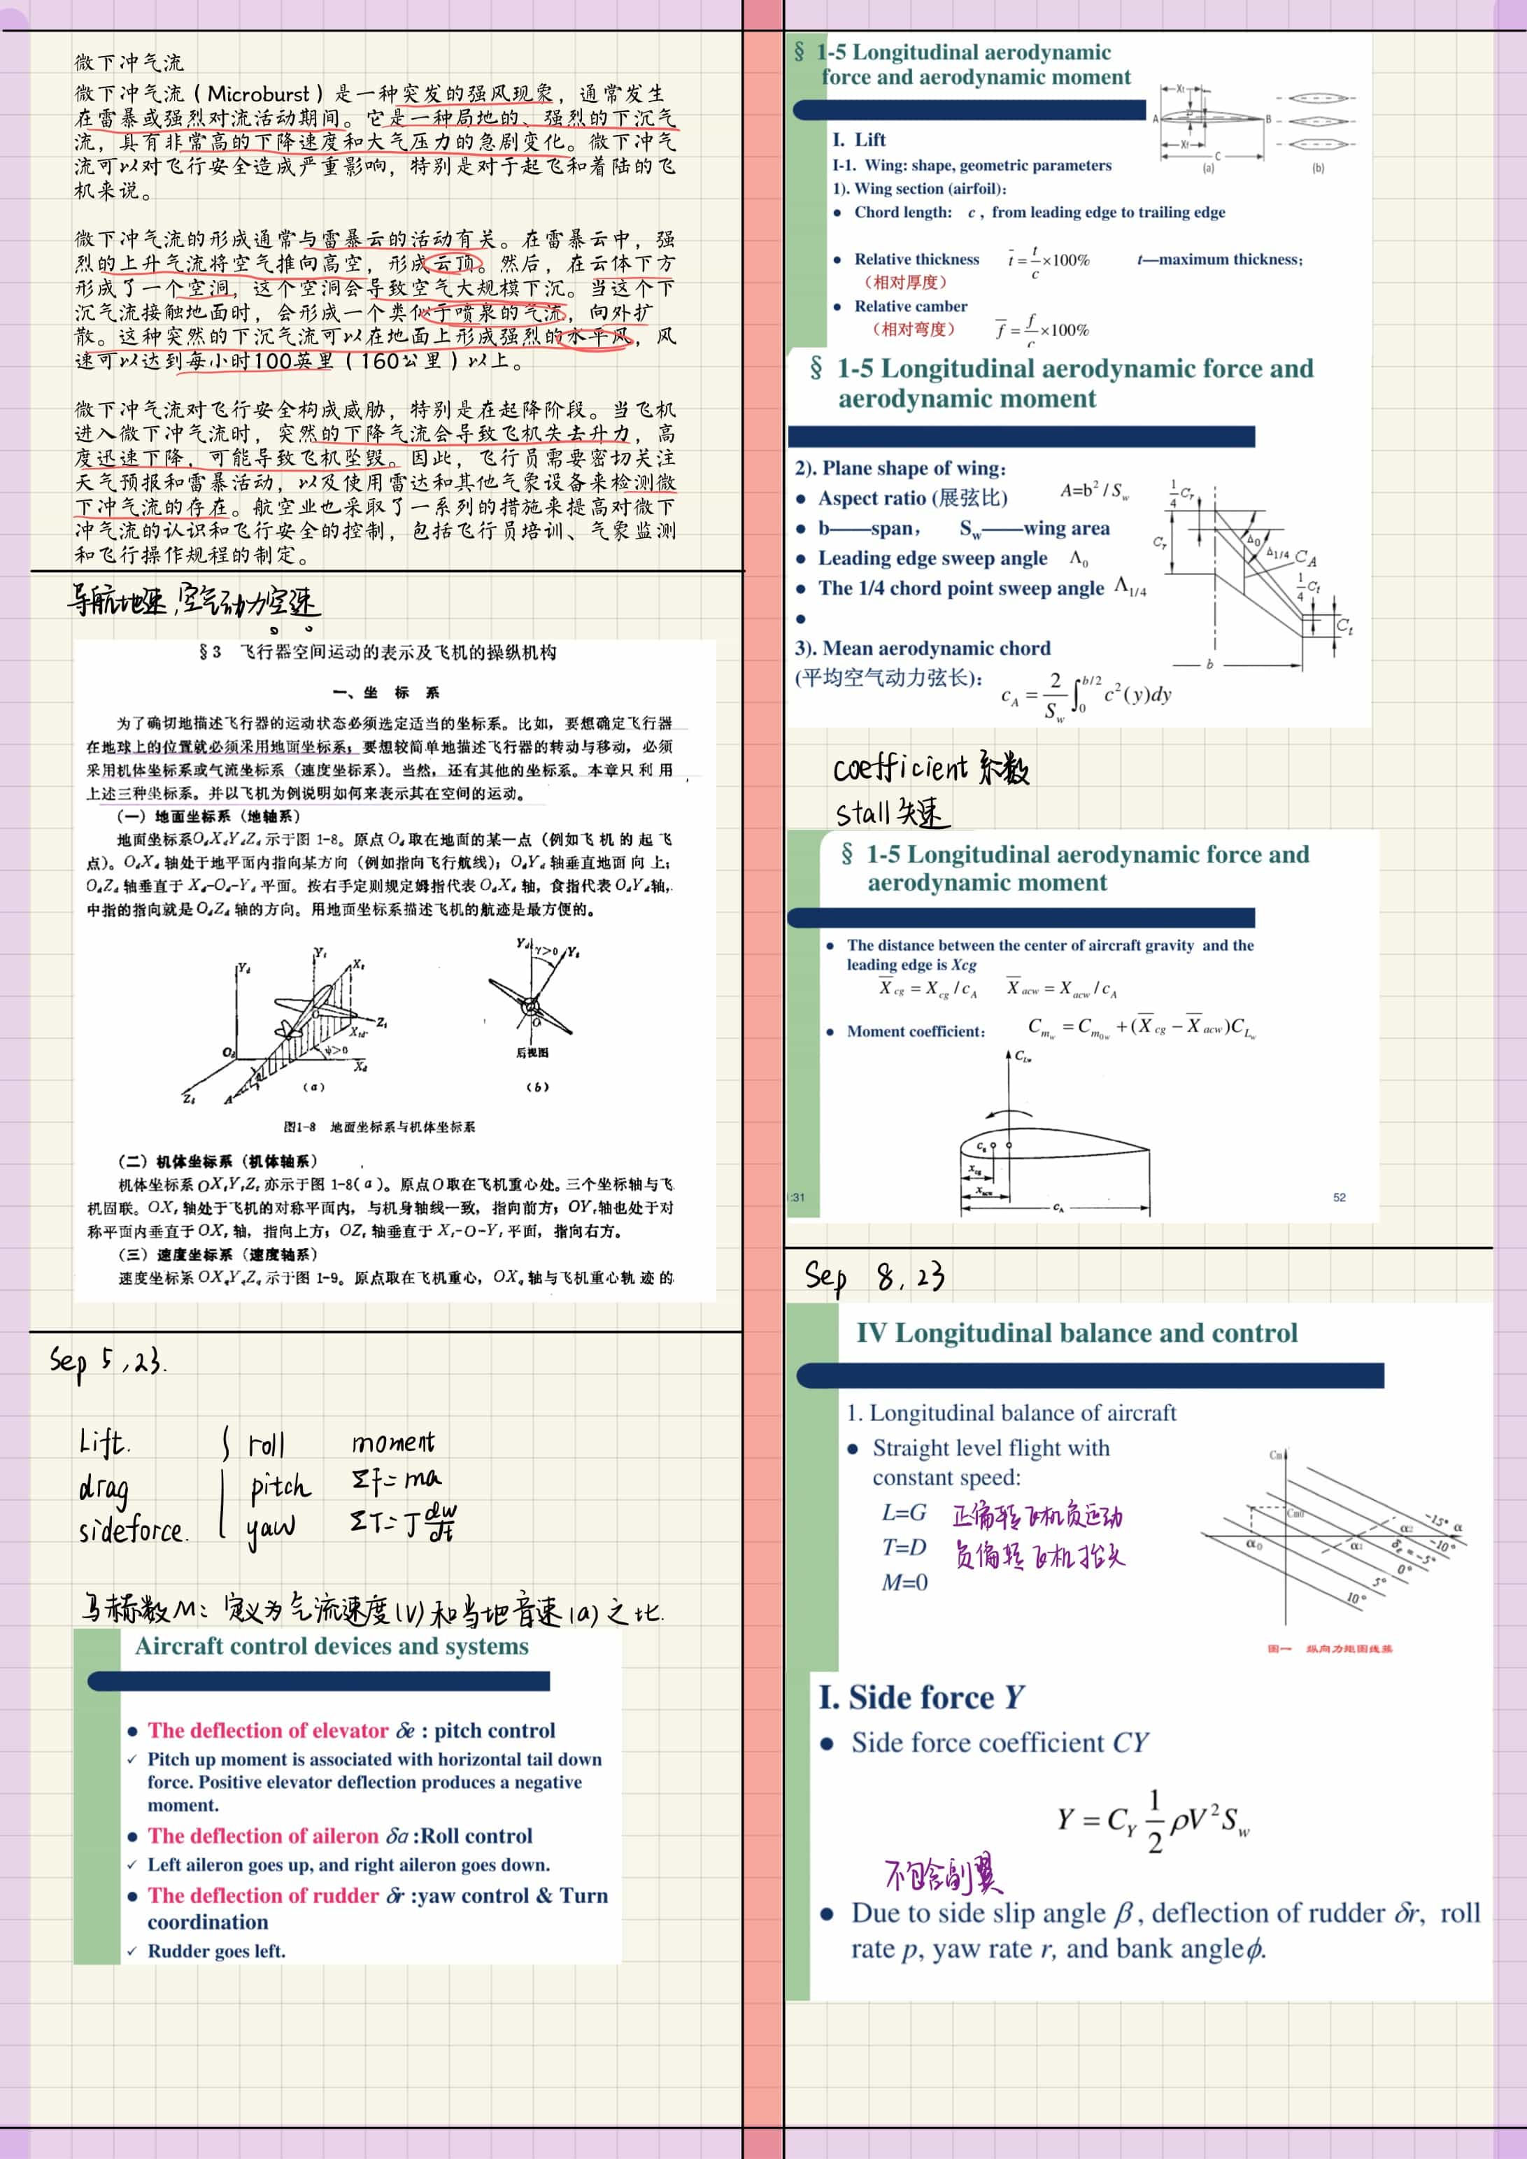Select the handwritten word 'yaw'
271,1530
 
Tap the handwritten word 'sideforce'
132,1531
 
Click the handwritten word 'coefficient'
900,768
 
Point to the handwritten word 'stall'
862,812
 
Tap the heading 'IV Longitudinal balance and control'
1076,1333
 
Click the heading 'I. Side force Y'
921,1697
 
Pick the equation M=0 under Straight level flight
904,1583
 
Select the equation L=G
904,1513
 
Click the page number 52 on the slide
1339,1197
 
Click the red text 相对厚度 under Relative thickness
904,282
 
